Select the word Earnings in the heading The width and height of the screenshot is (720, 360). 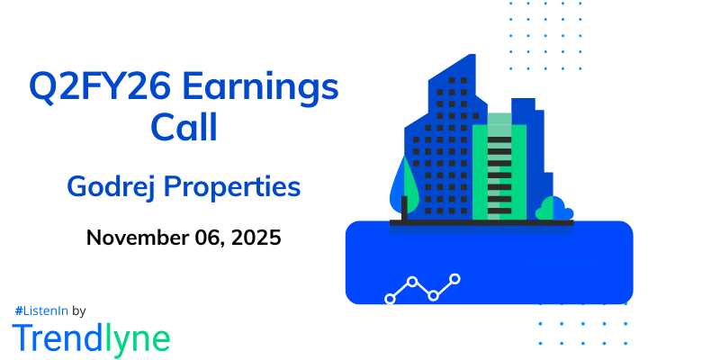point(273,91)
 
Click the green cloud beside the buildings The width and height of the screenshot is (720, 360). point(553,210)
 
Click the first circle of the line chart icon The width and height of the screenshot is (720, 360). point(391,298)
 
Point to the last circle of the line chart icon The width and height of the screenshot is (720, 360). point(455,279)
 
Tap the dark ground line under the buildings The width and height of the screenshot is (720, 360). point(481,222)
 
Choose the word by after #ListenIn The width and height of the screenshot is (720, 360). point(78,310)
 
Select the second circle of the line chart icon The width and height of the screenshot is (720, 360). point(412,282)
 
